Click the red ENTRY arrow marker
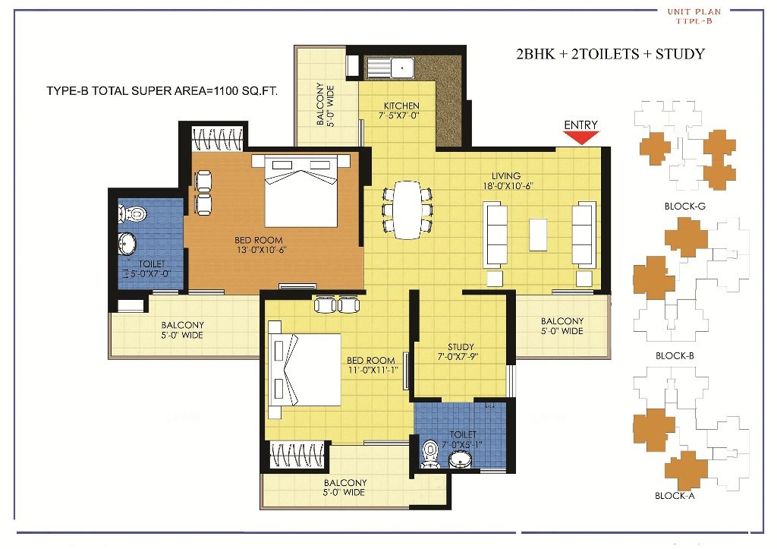tap(580, 137)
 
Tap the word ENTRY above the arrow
tap(580, 125)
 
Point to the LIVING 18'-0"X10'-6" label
tap(506, 181)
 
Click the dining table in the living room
tap(408, 208)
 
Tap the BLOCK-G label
tap(685, 206)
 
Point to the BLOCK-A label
tap(675, 496)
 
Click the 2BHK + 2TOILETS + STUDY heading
tap(610, 54)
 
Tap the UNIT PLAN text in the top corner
tap(694, 11)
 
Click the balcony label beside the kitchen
tap(325, 105)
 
